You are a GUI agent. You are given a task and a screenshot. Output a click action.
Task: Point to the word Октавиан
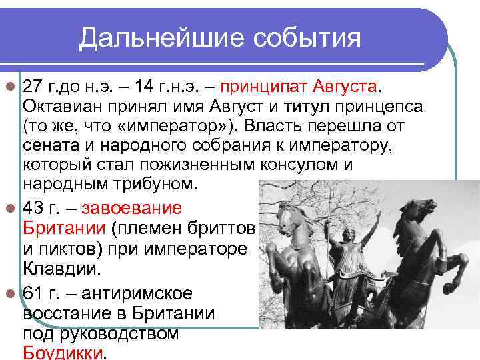click(65, 107)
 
